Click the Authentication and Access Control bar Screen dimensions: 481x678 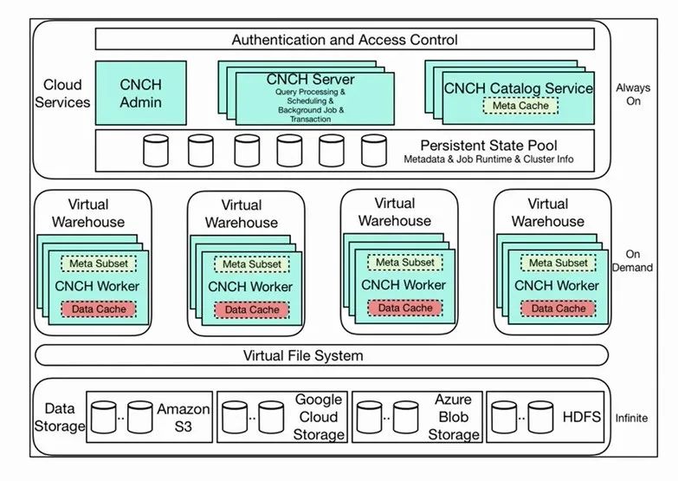pos(345,39)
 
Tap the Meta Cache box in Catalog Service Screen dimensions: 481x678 pos(518,106)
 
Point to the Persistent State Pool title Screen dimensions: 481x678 pos(488,145)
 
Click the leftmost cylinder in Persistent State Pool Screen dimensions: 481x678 pos(156,150)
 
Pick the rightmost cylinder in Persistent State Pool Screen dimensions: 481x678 pos(374,150)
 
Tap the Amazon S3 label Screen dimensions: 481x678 pos(178,417)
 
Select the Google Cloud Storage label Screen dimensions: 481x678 pos(318,417)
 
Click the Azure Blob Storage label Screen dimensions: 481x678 pos(453,417)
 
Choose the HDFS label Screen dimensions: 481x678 pos(582,418)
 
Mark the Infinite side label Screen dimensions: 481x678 pos(633,418)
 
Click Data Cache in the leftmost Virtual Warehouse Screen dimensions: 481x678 pos(99,309)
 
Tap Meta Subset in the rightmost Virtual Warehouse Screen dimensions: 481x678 pos(558,263)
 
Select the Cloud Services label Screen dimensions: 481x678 pos(66,94)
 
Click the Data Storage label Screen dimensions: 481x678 pos(65,417)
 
